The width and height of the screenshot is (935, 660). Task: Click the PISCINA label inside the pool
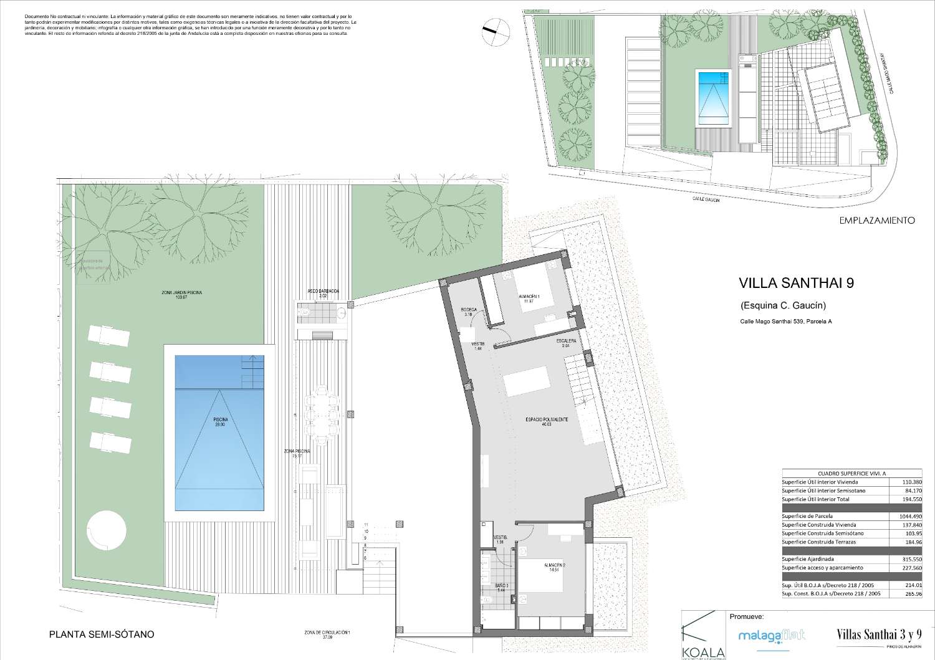point(219,421)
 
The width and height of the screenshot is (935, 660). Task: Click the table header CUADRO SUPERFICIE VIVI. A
point(835,474)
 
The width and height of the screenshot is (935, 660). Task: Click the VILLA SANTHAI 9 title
point(795,283)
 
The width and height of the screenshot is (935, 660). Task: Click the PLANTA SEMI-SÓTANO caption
point(101,634)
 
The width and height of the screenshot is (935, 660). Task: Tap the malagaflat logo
point(771,635)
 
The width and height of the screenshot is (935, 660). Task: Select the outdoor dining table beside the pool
point(320,411)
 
